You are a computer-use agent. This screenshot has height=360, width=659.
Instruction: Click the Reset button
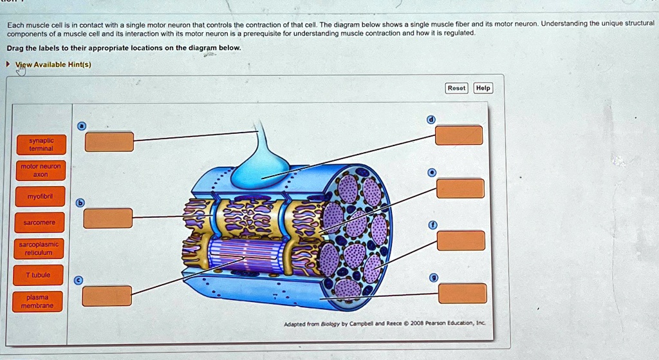tap(456, 88)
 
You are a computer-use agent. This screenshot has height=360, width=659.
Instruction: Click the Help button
tap(483, 88)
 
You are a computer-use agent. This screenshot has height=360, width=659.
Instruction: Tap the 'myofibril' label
tap(39, 196)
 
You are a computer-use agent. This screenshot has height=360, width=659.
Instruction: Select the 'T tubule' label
tap(39, 275)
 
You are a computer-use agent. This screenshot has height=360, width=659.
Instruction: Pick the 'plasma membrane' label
tap(39, 301)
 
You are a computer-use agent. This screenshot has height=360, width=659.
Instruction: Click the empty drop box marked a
tap(109, 142)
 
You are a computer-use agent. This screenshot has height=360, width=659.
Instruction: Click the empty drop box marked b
tap(108, 218)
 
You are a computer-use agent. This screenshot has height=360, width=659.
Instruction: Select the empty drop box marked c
tap(107, 296)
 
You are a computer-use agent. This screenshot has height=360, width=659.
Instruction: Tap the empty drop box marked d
tap(459, 135)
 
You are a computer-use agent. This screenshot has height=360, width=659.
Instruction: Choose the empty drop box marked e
tap(460, 188)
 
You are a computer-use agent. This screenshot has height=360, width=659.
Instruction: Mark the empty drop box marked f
tap(461, 240)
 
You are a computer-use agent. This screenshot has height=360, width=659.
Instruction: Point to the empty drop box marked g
tap(462, 293)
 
